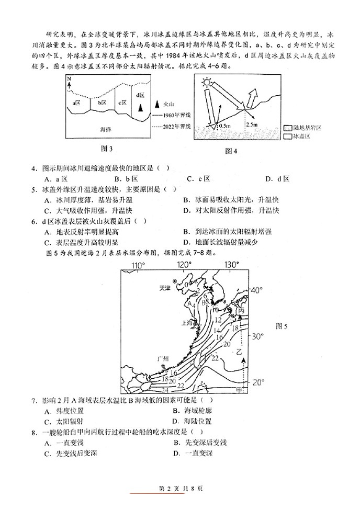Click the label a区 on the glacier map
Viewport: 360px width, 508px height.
pos(77,103)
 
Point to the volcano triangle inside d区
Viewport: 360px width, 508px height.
pos(140,107)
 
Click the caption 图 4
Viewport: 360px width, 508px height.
pos(231,151)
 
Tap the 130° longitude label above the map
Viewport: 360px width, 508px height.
pos(231,265)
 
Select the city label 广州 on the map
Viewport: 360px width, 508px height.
pos(163,358)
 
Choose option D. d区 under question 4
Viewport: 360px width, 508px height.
pos(277,178)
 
